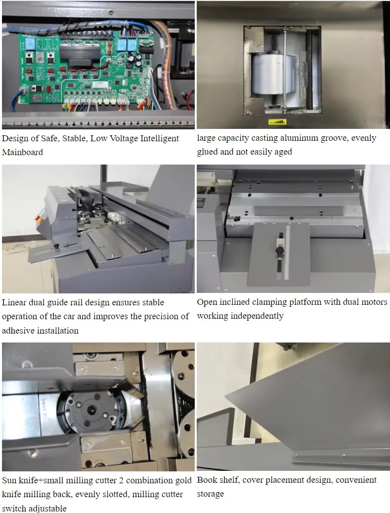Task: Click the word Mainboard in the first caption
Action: coord(23,152)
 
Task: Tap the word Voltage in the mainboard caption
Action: coord(123,138)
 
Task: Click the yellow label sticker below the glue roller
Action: coord(278,122)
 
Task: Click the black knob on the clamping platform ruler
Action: coord(279,251)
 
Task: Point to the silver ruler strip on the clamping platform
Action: coord(287,252)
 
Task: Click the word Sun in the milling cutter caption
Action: coord(9,480)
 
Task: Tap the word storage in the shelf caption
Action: coord(211,494)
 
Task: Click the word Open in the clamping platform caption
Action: coord(207,302)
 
